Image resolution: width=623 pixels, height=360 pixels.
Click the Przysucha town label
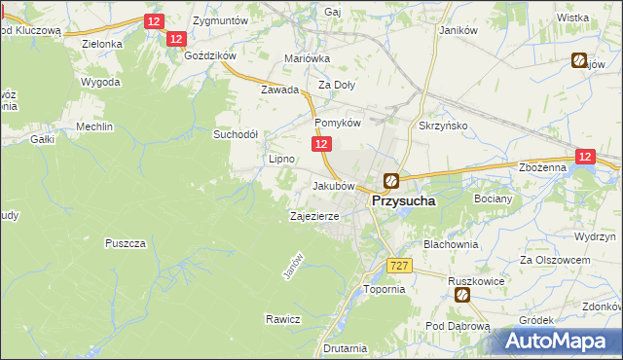(402, 199)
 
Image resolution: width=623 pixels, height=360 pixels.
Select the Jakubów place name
(331, 185)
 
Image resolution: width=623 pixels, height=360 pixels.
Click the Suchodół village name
(236, 134)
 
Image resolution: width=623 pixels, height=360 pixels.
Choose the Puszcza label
(127, 242)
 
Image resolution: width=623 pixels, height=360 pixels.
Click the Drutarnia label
(346, 347)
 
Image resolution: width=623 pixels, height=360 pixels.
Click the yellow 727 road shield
(399, 266)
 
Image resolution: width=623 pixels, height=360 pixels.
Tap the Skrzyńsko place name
(443, 127)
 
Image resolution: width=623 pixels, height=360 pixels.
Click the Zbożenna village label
(543, 167)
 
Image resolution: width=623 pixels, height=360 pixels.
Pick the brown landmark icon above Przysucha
(390, 180)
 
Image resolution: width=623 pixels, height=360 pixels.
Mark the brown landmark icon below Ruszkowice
(463, 294)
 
